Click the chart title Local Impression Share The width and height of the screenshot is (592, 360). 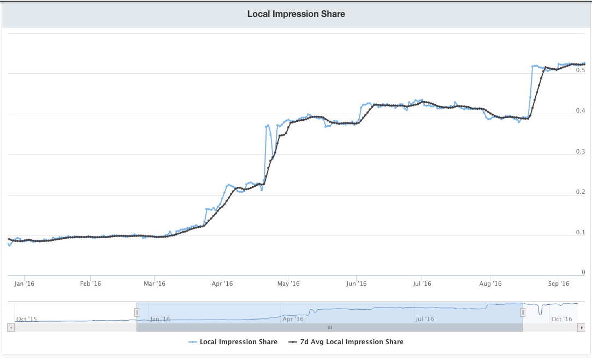[296, 14]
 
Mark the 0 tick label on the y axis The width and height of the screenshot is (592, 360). [583, 272]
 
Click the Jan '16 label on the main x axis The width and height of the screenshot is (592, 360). [23, 284]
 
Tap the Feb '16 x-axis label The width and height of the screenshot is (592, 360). [90, 284]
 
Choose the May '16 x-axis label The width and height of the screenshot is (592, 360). [288, 284]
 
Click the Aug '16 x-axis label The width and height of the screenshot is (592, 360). [490, 284]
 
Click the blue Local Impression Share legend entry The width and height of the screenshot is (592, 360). [233, 342]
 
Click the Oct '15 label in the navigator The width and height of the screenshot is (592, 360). [27, 319]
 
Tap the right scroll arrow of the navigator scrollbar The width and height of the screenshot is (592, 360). [582, 327]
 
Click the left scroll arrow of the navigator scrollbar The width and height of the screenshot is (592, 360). [10, 327]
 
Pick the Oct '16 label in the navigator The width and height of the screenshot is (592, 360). [561, 319]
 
